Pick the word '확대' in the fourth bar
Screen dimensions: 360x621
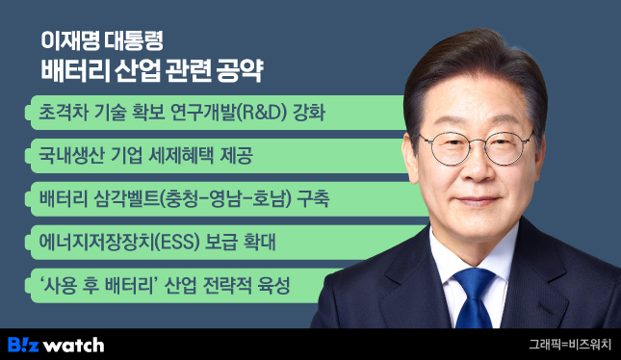coord(256,242)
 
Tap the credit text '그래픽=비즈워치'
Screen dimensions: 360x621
coord(569,344)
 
